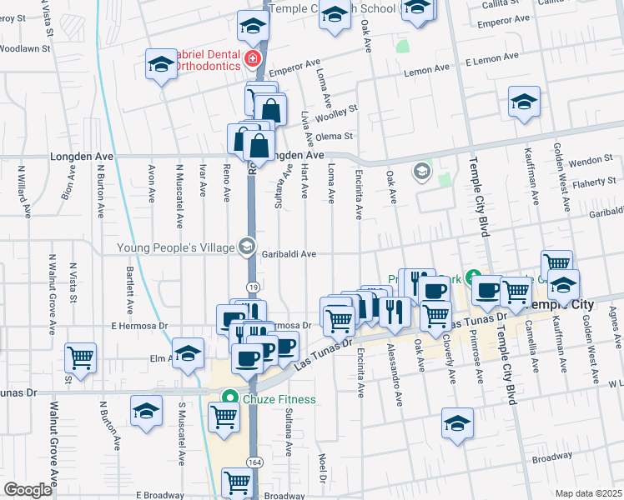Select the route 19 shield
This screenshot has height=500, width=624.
coord(252,287)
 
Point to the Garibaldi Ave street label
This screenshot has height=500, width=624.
coord(292,254)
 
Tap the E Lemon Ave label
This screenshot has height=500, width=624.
coord(492,61)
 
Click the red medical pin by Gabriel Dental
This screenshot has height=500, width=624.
coord(251,58)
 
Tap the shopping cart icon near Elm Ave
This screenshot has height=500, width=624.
coord(81,357)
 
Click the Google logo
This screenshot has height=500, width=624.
coord(27,490)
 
